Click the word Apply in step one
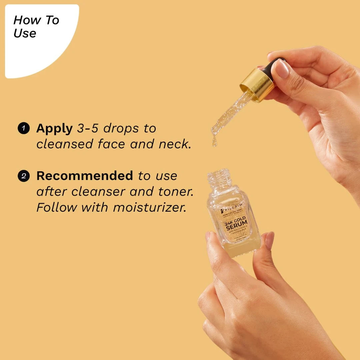(54, 128)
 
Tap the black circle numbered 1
(24, 128)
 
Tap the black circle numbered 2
(24, 176)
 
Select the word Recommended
(85, 176)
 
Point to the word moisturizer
(149, 207)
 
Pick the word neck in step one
(174, 144)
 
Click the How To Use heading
(36, 27)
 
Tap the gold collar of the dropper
(257, 84)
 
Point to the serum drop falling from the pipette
(214, 142)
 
